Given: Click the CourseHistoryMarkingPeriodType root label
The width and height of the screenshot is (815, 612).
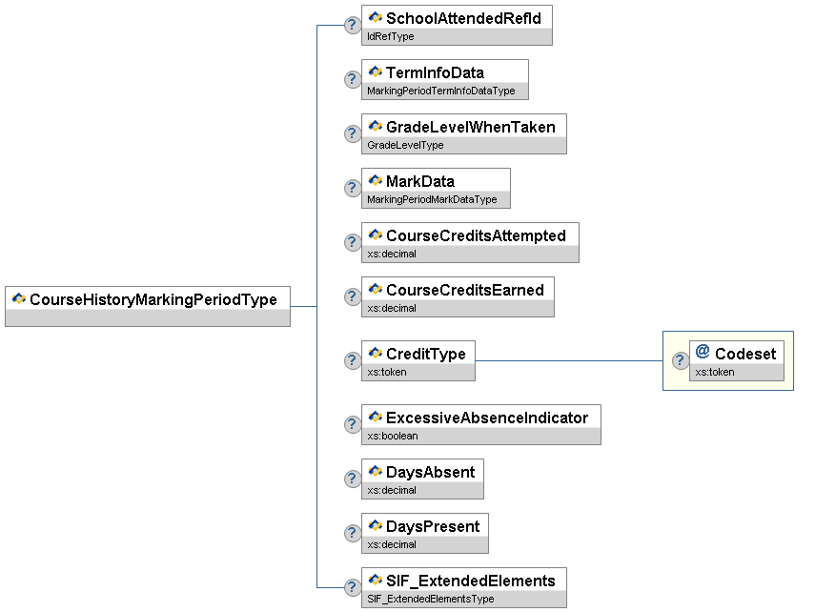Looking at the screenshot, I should click(x=153, y=299).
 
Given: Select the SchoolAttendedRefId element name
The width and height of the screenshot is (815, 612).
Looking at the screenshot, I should click(x=463, y=18).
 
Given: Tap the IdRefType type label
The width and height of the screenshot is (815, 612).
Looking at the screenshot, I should click(x=390, y=36).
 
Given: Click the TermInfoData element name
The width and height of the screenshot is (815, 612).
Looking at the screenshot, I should click(x=435, y=72).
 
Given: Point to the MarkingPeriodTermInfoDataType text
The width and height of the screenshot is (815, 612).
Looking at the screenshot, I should click(x=440, y=91).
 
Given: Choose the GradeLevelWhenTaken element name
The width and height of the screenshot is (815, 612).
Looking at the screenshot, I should click(x=470, y=127).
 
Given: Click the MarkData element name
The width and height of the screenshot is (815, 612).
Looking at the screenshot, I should click(x=419, y=181).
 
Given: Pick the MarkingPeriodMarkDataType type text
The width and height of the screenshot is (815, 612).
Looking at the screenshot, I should click(x=432, y=199).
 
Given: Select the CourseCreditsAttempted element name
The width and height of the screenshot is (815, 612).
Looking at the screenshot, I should click(x=476, y=235).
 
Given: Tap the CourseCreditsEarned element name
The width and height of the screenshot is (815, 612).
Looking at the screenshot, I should click(x=464, y=290).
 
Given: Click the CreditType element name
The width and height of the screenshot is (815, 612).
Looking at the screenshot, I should click(x=425, y=354).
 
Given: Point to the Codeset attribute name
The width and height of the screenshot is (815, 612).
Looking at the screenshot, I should click(x=745, y=354).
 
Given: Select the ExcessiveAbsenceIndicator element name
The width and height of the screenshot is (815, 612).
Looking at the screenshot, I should click(x=486, y=418).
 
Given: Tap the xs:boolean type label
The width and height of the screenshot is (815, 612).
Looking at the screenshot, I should click(x=392, y=436).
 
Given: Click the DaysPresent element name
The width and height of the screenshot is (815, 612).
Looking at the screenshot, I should click(x=432, y=526).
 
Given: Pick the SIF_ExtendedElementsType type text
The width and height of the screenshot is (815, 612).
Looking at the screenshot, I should click(x=430, y=599).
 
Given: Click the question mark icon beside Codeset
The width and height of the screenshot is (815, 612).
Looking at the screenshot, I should click(x=681, y=360).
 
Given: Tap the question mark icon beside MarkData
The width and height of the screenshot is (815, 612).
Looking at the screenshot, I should click(x=352, y=188).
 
